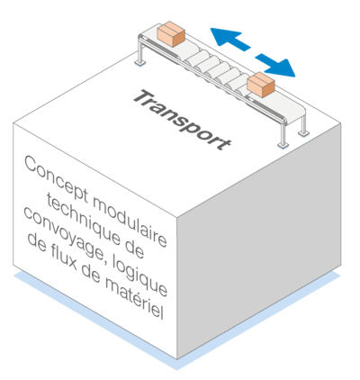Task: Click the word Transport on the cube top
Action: click(182, 121)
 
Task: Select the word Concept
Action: click(56, 178)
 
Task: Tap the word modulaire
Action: click(130, 222)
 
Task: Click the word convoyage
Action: click(64, 235)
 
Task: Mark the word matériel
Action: click(134, 300)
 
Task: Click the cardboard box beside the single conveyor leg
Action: click(171, 33)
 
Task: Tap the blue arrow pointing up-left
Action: click(229, 39)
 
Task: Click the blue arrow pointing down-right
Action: click(275, 65)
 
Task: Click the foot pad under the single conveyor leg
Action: click(140, 63)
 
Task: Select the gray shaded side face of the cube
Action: click(259, 240)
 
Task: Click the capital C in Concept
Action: click(31, 164)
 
